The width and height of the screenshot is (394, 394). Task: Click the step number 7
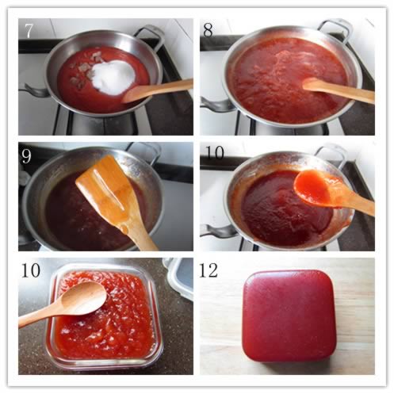(29, 30)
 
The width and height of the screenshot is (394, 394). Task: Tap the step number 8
(208, 30)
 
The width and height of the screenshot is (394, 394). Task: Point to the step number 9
(26, 156)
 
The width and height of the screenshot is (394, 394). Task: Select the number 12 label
(208, 270)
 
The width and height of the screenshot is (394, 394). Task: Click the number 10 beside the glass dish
(31, 270)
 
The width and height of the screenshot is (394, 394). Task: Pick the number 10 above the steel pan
(215, 153)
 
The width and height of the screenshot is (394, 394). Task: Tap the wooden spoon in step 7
(157, 90)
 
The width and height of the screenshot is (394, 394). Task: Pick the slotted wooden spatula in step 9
(117, 201)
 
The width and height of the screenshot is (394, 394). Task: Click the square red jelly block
(289, 316)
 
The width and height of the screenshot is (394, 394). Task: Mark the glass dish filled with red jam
(105, 316)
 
